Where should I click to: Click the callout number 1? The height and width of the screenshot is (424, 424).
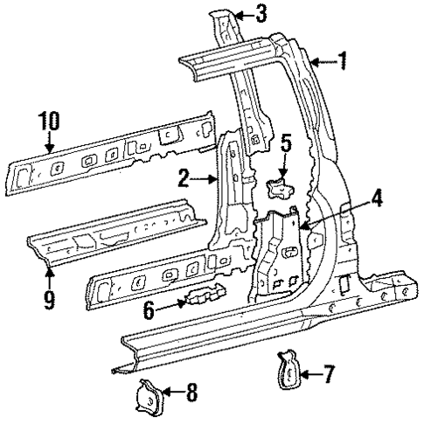coord(343,60)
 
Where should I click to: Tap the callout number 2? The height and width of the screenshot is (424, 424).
coord(183,180)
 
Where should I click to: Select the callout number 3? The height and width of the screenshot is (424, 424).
coord(261,13)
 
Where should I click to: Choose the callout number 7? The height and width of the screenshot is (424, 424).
coord(329,377)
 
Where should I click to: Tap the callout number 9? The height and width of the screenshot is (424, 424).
coord(49,300)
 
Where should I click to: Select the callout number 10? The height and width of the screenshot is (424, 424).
coord(49,120)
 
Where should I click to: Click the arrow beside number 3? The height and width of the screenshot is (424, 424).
coord(241,13)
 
